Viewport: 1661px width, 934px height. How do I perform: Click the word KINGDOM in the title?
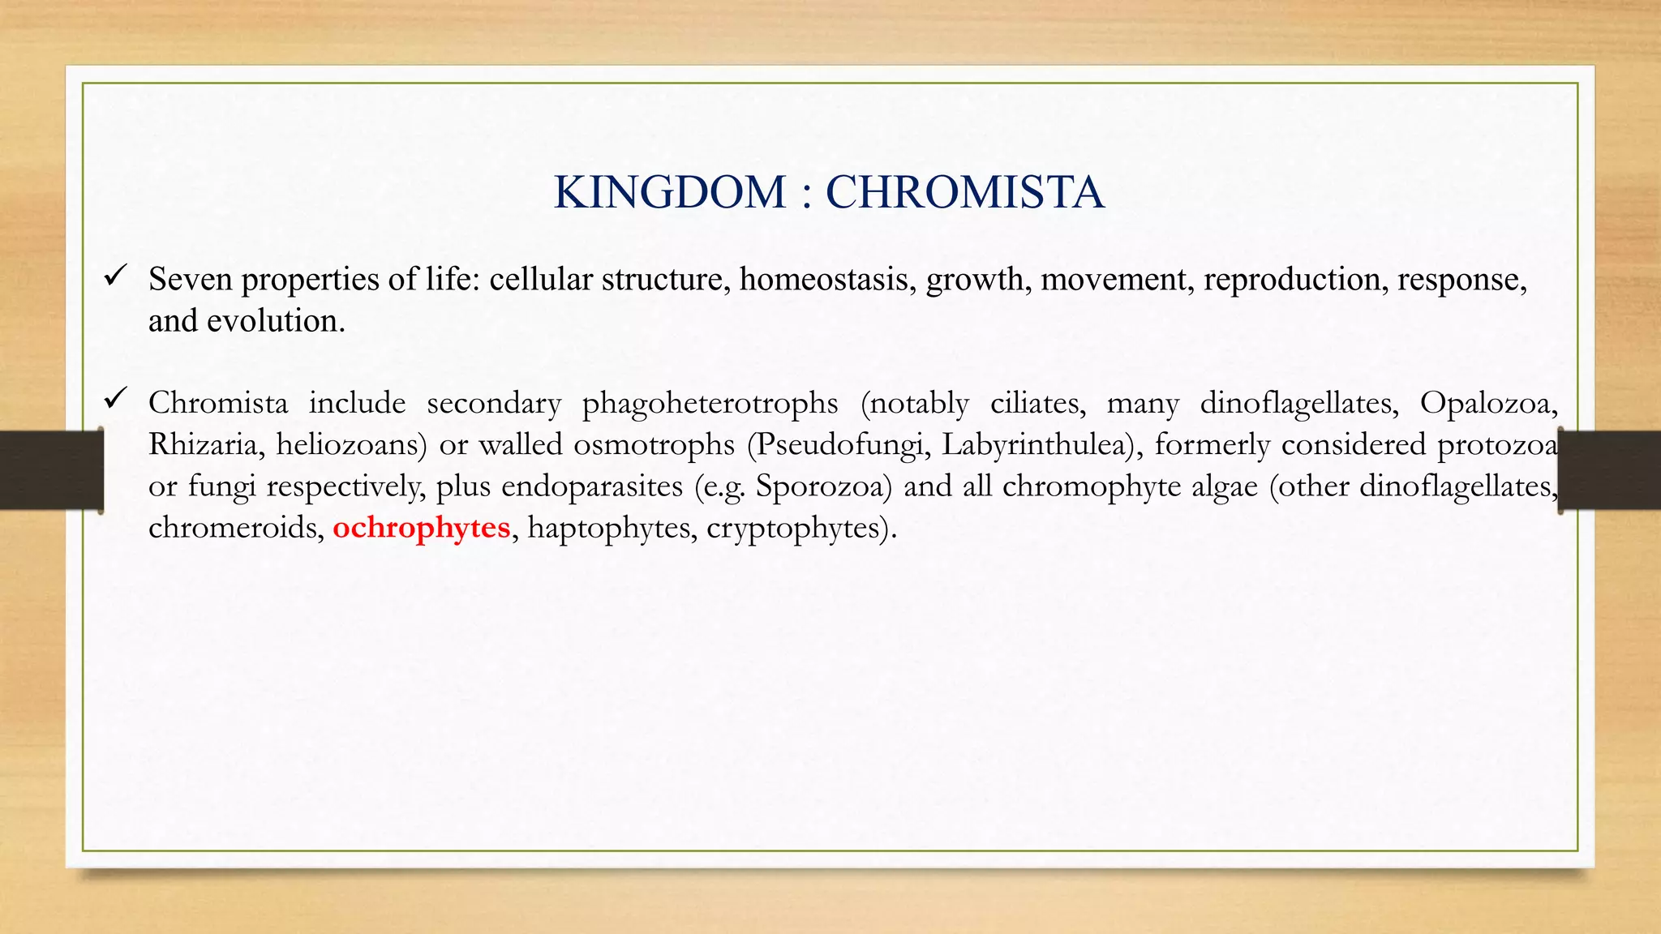click(670, 193)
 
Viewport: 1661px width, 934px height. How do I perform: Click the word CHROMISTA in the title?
click(964, 193)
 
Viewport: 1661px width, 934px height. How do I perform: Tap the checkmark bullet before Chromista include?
click(114, 400)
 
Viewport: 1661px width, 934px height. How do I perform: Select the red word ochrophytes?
click(421, 528)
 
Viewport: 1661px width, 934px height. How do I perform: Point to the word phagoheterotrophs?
click(710, 403)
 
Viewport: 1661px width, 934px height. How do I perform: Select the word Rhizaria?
click(206, 444)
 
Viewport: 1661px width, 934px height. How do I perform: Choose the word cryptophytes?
click(800, 528)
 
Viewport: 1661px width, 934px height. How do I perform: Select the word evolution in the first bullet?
click(276, 321)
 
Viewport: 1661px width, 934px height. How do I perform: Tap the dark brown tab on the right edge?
click(1611, 470)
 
